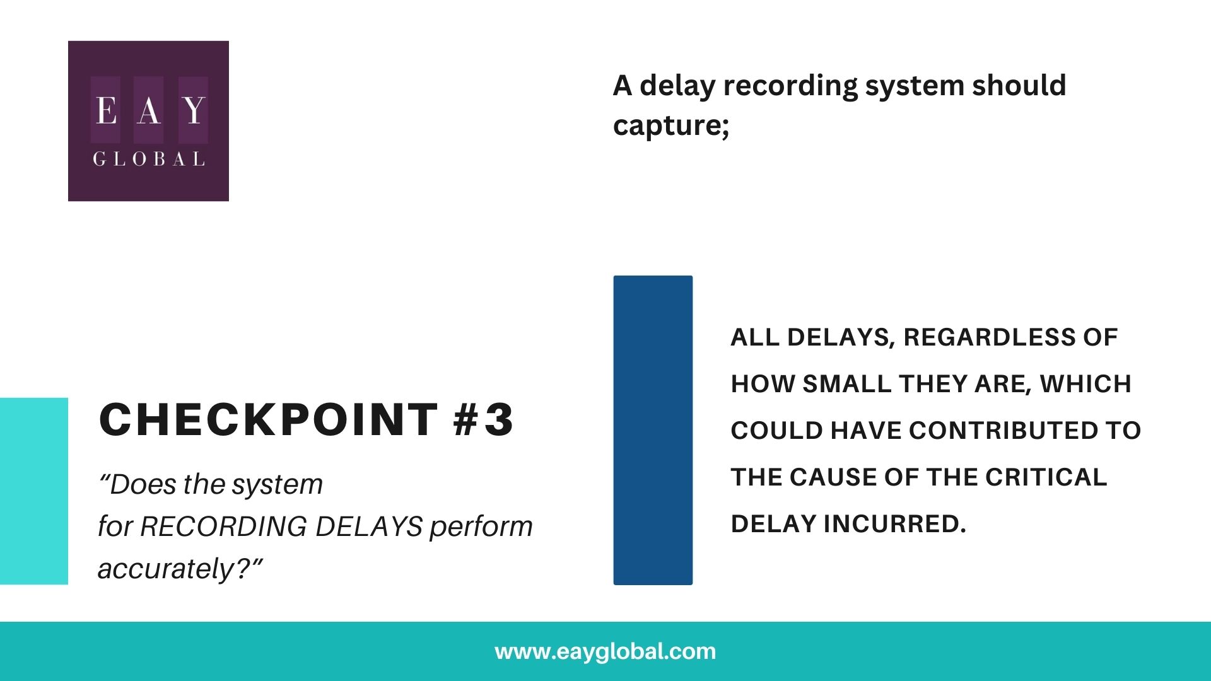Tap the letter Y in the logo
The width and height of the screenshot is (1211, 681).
194,110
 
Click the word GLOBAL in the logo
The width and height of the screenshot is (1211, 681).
149,159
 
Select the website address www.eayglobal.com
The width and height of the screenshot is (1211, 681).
605,651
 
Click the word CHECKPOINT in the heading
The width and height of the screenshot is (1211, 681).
268,419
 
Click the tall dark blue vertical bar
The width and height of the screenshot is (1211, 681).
653,430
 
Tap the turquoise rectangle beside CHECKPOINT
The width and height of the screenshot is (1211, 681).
33,491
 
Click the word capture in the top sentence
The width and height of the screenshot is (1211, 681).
668,125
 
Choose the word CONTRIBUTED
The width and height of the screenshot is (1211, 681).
1002,431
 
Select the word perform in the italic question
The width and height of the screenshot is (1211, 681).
481,527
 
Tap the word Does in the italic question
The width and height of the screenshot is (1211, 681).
142,484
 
